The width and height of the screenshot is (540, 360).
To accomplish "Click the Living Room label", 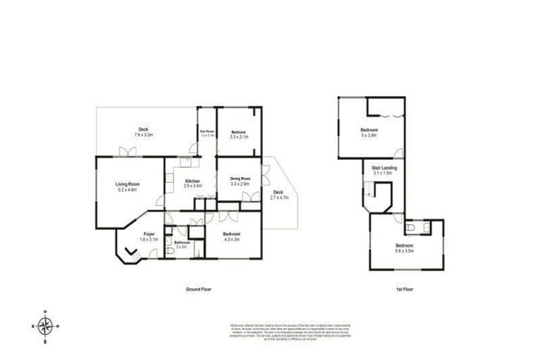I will click(128, 184).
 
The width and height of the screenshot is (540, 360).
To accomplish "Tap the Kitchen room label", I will click(192, 181).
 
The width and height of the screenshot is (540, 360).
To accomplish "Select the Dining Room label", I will click(240, 179).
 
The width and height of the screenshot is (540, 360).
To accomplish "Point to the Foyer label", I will click(149, 233).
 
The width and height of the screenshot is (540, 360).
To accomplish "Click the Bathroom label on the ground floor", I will click(182, 242).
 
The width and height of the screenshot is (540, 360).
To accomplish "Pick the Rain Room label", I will click(206, 131).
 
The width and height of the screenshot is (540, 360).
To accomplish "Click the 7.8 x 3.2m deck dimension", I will click(143, 134).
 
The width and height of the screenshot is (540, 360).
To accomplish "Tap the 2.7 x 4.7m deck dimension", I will click(279, 198).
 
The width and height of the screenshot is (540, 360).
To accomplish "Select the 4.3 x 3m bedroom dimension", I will click(231, 239).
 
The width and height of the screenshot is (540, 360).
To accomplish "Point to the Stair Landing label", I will click(384, 168).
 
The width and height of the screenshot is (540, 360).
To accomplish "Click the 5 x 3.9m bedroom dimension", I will click(369, 135).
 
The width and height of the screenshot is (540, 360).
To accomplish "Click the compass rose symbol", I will click(46, 326).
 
